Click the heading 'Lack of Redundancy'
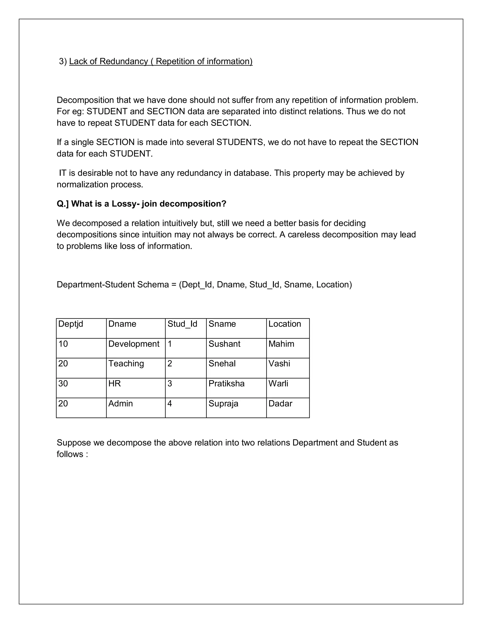(x=161, y=61)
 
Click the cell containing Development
(x=134, y=344)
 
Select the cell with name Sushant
(x=225, y=344)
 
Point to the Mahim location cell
(x=281, y=344)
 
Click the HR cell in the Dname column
(x=115, y=383)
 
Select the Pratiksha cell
(x=226, y=383)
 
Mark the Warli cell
(x=278, y=383)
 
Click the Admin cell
(x=120, y=403)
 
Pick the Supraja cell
(x=223, y=403)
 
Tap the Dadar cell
(x=280, y=403)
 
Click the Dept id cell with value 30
(x=63, y=383)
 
